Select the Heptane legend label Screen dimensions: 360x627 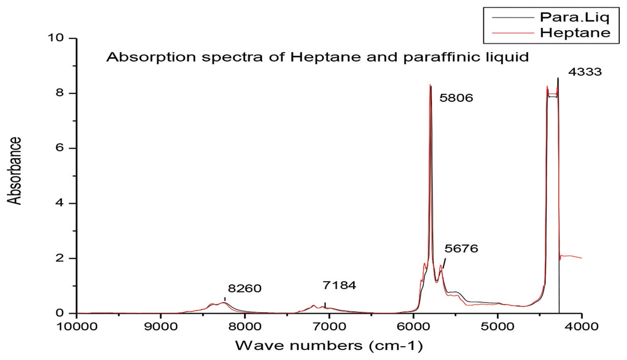pyautogui.click(x=575, y=32)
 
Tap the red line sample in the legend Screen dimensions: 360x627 pyautogui.click(x=512, y=32)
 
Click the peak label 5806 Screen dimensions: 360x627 pyautogui.click(x=456, y=99)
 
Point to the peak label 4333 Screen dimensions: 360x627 pyautogui.click(x=585, y=72)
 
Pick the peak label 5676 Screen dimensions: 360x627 pyautogui.click(x=461, y=249)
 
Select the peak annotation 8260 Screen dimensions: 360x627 pyautogui.click(x=245, y=289)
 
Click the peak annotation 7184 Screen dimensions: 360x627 pyautogui.click(x=339, y=285)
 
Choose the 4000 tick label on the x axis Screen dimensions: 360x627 pyautogui.click(x=582, y=326)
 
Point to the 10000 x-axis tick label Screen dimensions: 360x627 pyautogui.click(x=77, y=326)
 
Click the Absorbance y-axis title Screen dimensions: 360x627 pyautogui.click(x=15, y=170)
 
